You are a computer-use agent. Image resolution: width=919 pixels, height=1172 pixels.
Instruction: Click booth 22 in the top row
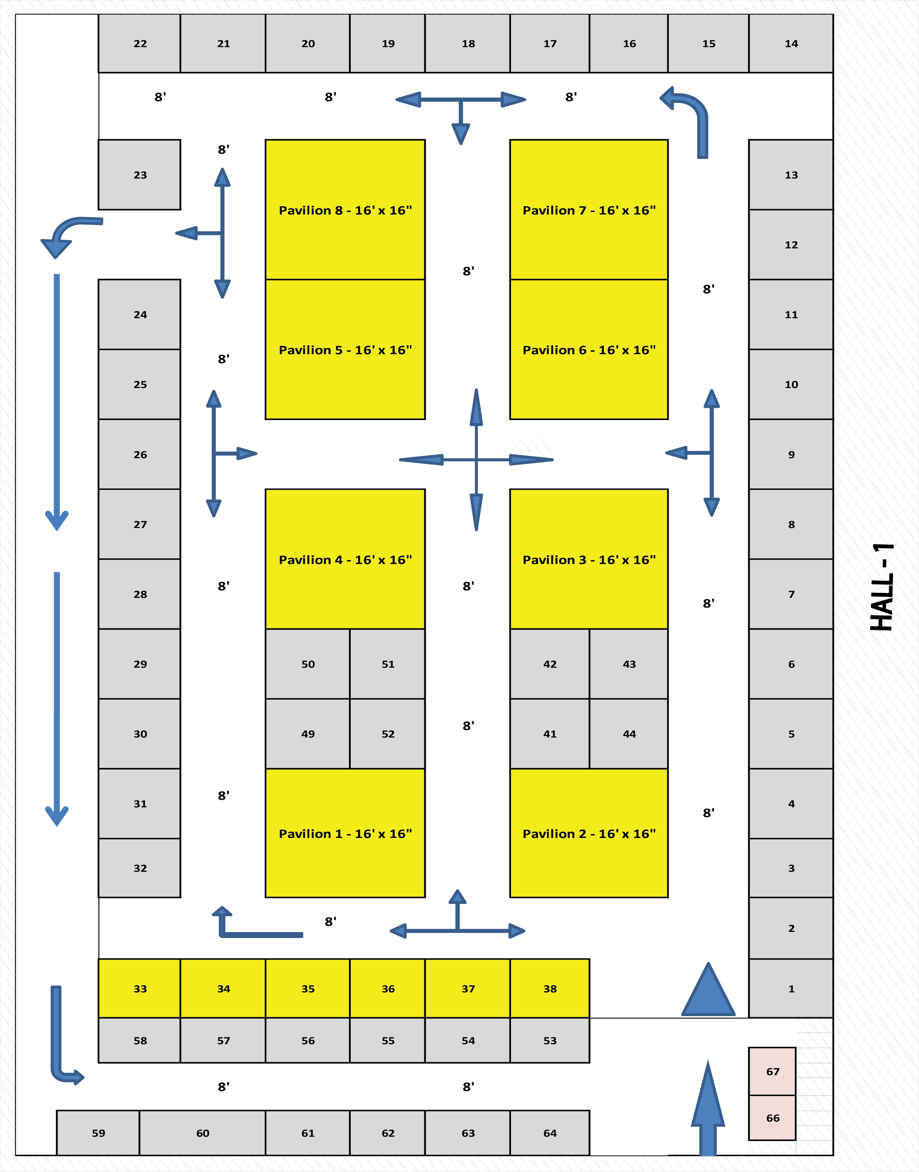139,44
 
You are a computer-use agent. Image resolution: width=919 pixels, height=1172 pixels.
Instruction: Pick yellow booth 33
139,988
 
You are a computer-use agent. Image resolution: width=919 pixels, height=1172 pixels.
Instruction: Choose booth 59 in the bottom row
98,1133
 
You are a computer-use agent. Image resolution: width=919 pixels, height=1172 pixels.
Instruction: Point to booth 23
139,175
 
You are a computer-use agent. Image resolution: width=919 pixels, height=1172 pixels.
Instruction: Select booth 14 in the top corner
790,44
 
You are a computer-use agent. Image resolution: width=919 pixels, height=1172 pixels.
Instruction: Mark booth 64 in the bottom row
550,1133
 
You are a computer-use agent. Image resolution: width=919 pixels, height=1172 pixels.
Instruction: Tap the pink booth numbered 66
772,1118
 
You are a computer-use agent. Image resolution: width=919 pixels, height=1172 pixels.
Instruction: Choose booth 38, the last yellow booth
550,988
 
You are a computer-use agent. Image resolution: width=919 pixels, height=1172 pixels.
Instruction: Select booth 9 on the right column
790,455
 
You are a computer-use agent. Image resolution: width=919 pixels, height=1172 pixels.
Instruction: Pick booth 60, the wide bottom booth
202,1133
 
